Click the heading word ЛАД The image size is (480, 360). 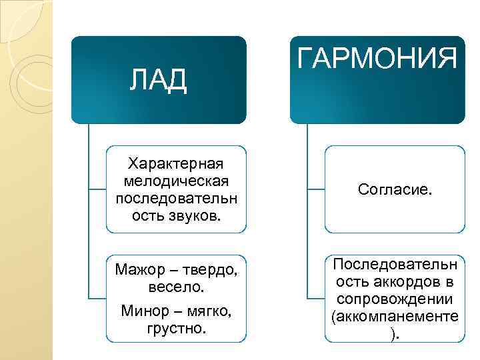158,80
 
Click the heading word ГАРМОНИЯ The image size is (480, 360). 377,59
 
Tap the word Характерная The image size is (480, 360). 177,164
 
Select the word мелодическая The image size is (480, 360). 177,181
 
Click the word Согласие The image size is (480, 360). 395,190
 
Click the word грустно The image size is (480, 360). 177,329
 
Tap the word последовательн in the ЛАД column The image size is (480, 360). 177,199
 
